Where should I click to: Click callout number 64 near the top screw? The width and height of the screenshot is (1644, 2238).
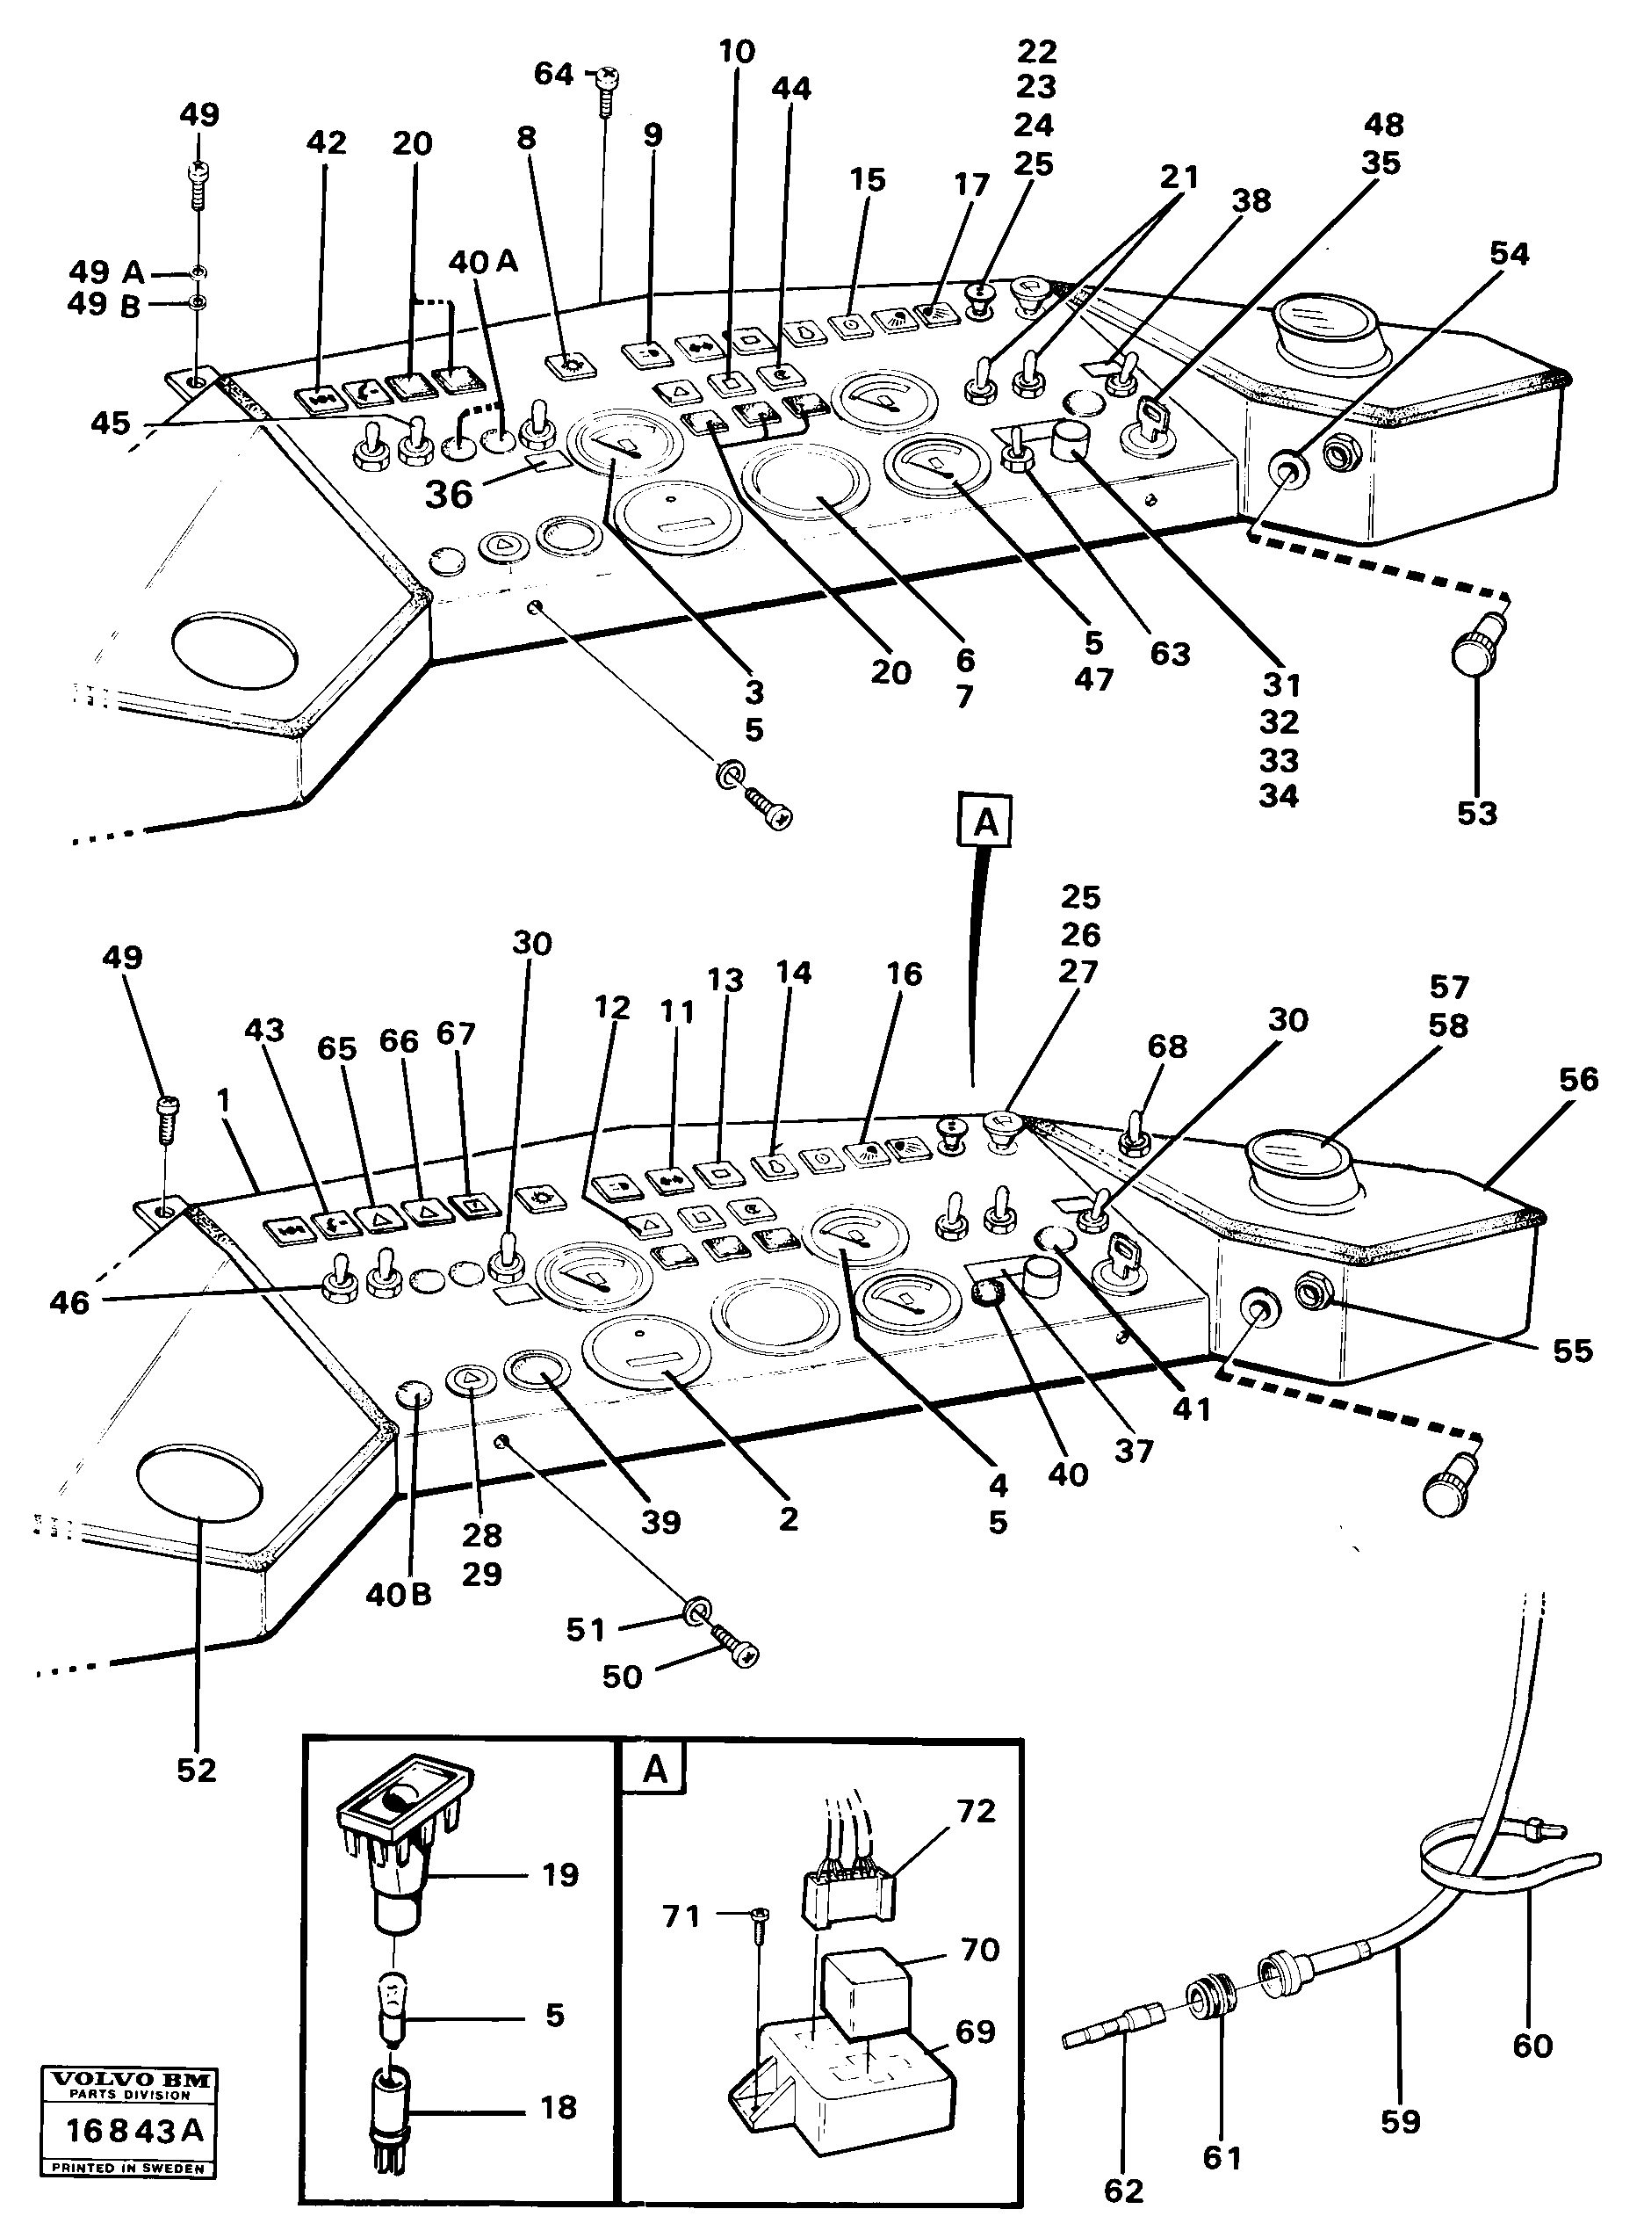[553, 74]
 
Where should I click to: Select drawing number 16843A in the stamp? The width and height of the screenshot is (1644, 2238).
[134, 2130]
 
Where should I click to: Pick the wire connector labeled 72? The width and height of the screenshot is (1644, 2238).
[846, 1891]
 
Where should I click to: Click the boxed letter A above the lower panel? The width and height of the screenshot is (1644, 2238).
[984, 822]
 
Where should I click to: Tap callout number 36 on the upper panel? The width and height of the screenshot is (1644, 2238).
[449, 494]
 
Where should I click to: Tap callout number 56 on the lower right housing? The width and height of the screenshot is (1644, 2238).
[1578, 1079]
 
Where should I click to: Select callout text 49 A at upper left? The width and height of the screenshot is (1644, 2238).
[107, 271]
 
